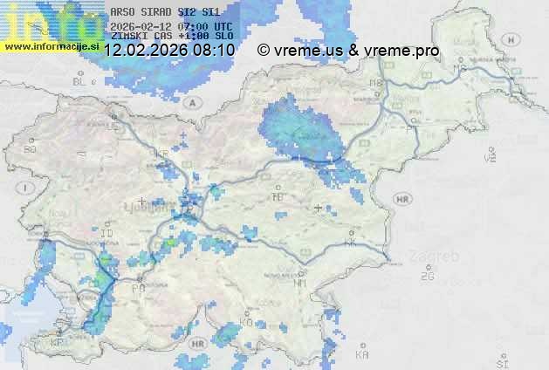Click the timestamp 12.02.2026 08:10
click(168, 51)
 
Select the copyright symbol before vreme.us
click(264, 51)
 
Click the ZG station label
click(427, 277)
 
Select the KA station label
click(362, 354)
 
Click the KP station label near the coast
click(58, 343)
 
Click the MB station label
click(376, 83)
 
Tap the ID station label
click(106, 235)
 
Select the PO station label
click(137, 288)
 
